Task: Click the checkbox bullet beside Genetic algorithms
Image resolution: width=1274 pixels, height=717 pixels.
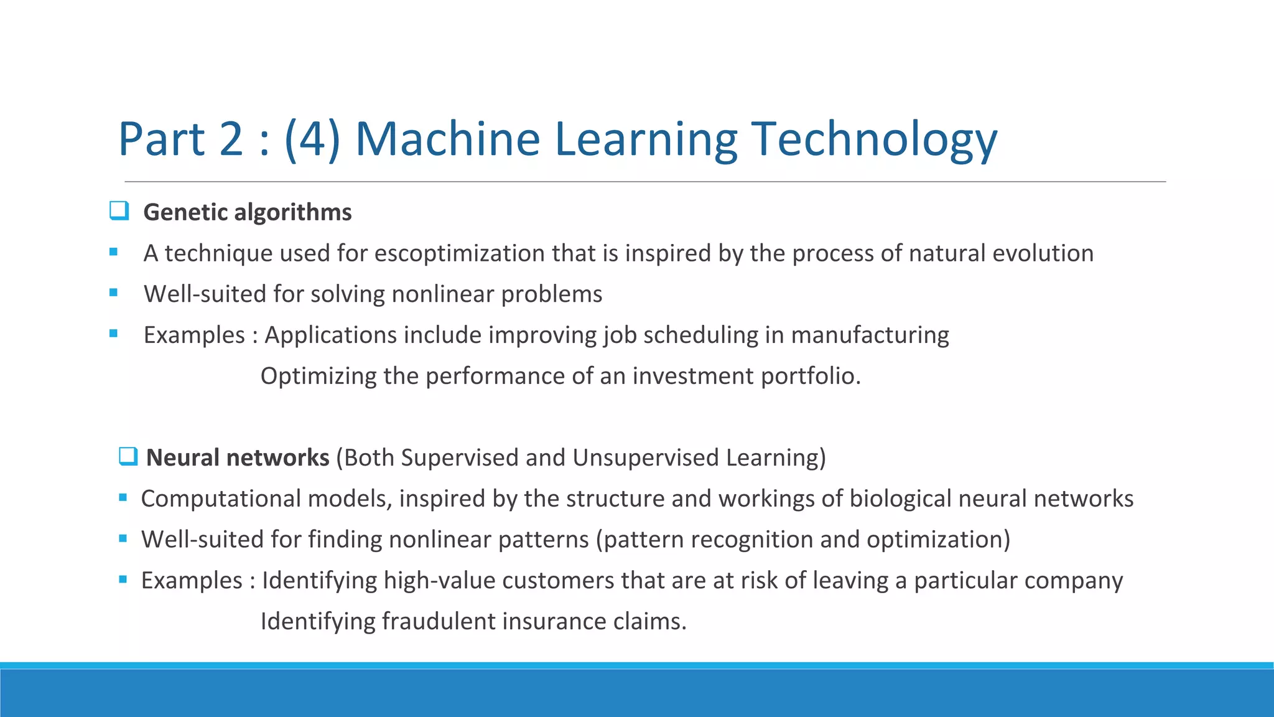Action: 119,211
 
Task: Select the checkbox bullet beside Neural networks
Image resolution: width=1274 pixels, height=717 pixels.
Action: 128,456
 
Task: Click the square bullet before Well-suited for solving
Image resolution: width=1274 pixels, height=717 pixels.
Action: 113,293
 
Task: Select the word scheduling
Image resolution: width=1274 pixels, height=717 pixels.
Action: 700,335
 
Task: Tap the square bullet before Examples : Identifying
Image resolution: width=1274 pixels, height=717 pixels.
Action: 123,579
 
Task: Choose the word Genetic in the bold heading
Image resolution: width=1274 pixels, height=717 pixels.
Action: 185,212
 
